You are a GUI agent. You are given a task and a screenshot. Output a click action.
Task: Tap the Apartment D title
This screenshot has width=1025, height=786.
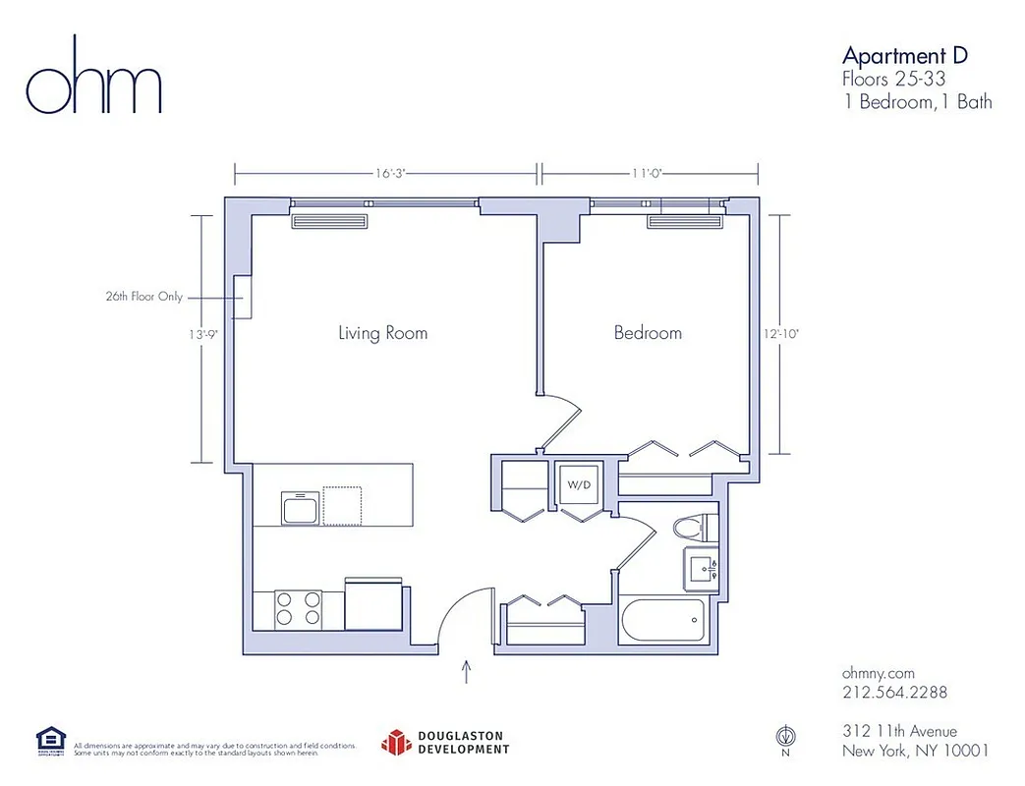(x=904, y=55)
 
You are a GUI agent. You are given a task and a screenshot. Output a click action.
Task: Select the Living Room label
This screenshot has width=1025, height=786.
(x=382, y=333)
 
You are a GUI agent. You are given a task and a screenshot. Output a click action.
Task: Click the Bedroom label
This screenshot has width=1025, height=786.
(x=648, y=333)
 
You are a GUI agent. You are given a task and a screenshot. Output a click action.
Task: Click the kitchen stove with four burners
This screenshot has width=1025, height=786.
(x=298, y=607)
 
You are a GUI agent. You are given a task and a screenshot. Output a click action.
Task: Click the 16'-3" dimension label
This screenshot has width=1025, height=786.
(x=390, y=173)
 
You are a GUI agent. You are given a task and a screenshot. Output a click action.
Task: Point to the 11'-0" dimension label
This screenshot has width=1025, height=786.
(x=649, y=173)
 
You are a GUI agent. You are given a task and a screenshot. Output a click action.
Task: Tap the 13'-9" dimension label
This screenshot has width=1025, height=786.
(x=203, y=334)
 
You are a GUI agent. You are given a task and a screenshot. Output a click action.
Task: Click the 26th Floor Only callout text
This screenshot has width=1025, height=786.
(x=143, y=296)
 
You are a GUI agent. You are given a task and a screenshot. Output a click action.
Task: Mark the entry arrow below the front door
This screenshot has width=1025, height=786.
(x=466, y=671)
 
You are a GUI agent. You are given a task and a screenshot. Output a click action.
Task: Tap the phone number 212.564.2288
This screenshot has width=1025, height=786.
(x=894, y=693)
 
